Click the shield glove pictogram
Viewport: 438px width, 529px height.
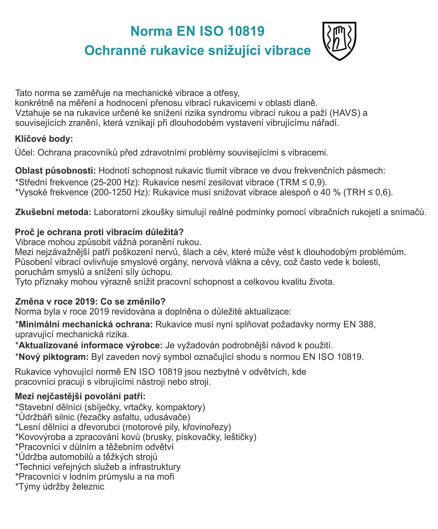339,41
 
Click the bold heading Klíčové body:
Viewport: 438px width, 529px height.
44,139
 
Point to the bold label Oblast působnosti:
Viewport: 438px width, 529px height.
55,171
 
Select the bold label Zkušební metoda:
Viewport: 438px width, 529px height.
53,212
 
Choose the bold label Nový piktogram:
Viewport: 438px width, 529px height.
53,357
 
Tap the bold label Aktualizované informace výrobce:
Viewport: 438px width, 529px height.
91,345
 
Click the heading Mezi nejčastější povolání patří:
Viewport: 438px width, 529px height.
80,396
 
